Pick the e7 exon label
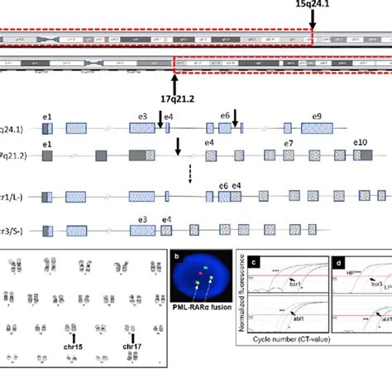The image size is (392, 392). pyautogui.click(x=289, y=144)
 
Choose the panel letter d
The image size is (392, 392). pyautogui.click(x=340, y=263)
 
